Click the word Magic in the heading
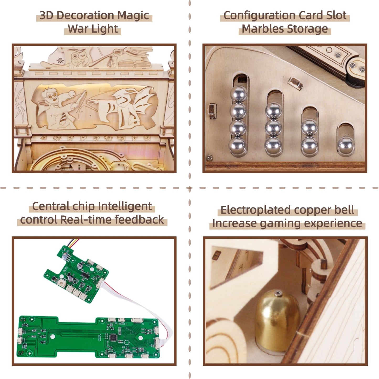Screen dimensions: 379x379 tap(133, 15)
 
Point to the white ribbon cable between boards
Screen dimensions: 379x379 tap(147, 304)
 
